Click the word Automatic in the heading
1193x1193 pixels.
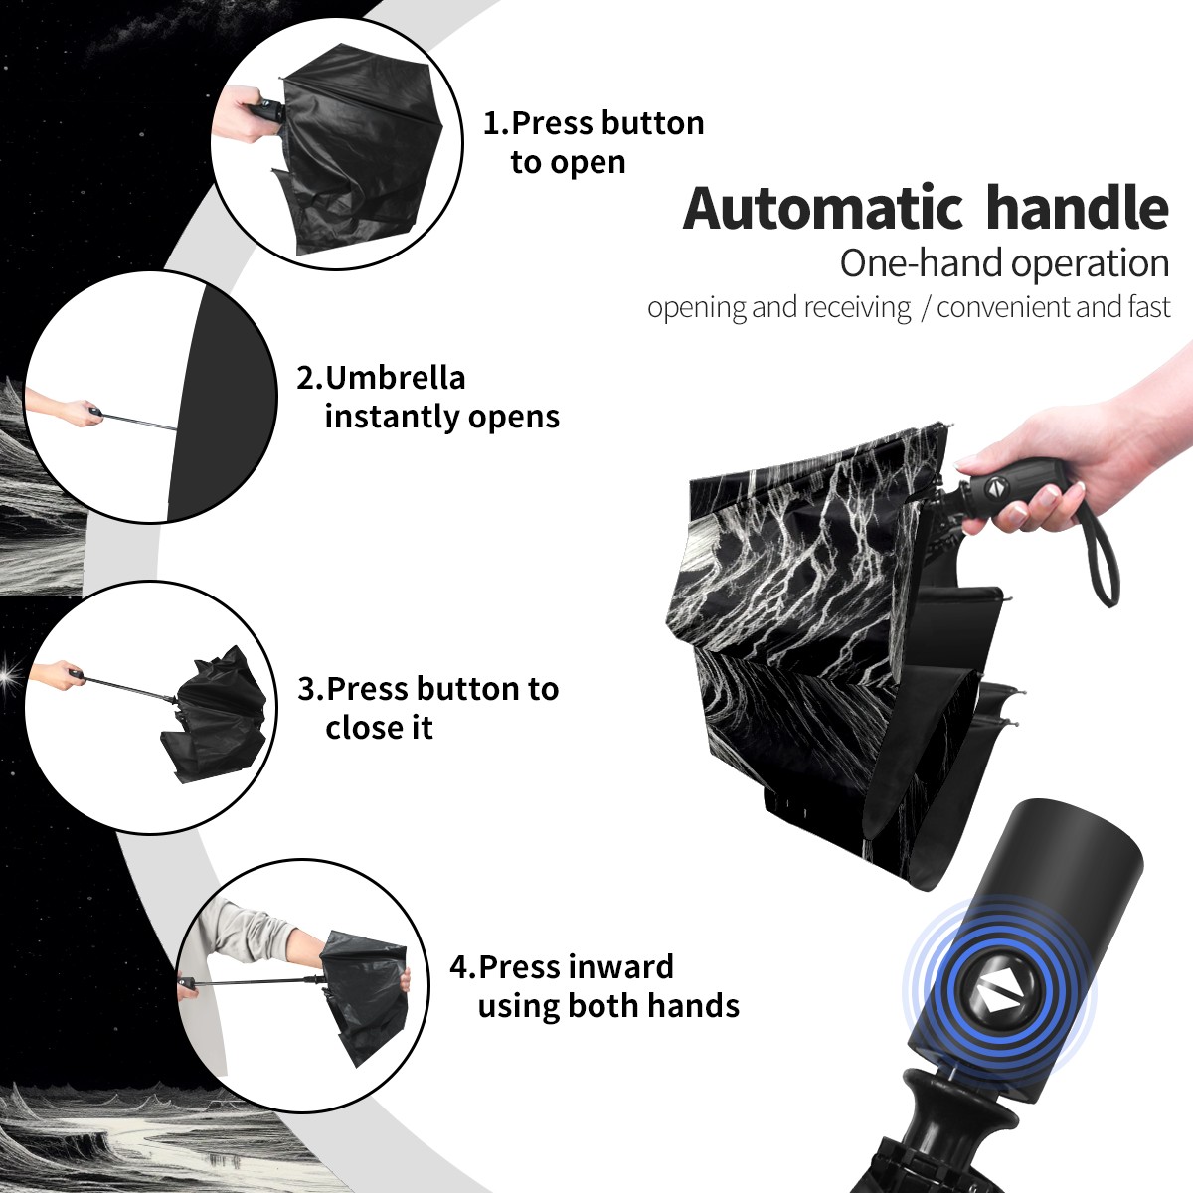(823, 208)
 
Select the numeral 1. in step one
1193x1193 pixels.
(496, 123)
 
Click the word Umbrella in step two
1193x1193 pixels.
(395, 378)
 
